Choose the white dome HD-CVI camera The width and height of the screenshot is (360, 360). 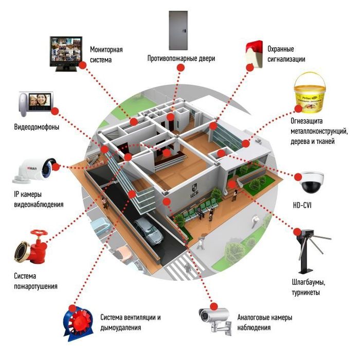(312, 180)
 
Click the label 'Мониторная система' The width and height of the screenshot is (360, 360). (107, 55)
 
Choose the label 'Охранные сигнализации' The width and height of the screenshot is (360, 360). (286, 54)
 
